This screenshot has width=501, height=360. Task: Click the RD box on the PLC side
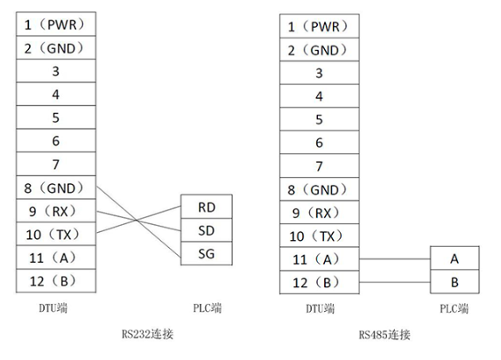point(206,207)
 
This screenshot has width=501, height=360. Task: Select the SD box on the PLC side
point(206,230)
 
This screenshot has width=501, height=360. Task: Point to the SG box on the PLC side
point(206,254)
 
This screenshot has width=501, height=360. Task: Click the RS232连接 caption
point(147,334)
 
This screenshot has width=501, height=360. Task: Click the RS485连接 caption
point(385,334)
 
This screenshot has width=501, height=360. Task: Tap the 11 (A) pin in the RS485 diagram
point(318,259)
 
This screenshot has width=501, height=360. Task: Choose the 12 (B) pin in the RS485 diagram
point(318,282)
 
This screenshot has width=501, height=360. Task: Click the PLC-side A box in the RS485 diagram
point(455,259)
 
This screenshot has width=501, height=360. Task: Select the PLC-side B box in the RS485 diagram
point(455,282)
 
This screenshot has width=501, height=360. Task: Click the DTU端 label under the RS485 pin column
point(318,308)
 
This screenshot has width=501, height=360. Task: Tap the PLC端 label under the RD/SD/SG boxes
point(207,308)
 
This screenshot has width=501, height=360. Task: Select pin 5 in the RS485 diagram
point(318,118)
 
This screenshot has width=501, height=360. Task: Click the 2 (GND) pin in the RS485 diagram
point(318,50)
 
